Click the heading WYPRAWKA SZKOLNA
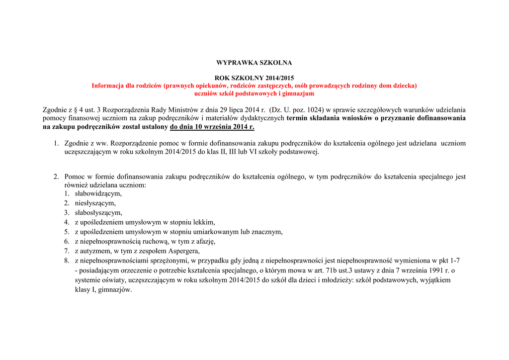point(254,63)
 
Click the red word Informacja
point(107,86)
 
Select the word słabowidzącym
point(98,193)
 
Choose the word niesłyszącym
point(95,203)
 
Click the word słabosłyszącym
point(98,212)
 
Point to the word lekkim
point(204,222)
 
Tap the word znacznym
point(268,232)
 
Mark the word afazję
point(203,241)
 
